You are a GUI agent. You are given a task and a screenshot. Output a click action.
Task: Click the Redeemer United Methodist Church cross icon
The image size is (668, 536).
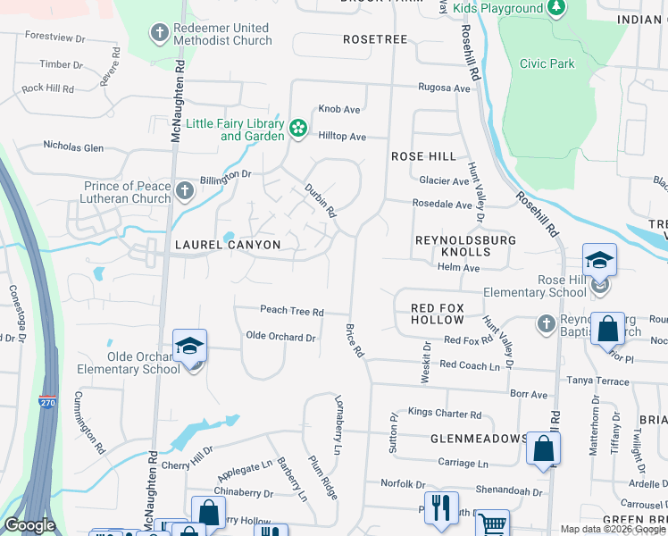point(160,34)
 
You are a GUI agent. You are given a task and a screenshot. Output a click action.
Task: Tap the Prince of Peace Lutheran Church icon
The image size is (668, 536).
point(185,191)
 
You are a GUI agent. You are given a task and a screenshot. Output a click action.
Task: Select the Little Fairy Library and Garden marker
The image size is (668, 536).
point(298,130)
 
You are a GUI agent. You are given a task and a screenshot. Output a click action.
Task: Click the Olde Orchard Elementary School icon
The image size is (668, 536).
point(190,346)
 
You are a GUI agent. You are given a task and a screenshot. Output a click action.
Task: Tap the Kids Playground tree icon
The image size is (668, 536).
point(556,8)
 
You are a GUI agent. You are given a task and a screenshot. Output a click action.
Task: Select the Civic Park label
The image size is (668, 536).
point(547,64)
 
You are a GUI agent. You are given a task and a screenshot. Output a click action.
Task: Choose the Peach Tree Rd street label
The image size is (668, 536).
point(291,311)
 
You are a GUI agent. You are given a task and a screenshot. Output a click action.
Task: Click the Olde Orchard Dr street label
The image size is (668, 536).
point(280,338)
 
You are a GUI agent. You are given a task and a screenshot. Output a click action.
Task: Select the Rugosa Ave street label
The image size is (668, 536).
point(444,88)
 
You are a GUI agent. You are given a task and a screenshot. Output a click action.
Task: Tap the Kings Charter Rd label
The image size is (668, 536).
point(444,415)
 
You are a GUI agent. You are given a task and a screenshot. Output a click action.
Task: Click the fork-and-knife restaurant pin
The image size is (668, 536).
point(440,507)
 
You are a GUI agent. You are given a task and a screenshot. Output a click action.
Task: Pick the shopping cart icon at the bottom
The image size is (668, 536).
point(492,524)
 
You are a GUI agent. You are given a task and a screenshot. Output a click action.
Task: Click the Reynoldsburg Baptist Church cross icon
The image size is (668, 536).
point(547,322)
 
